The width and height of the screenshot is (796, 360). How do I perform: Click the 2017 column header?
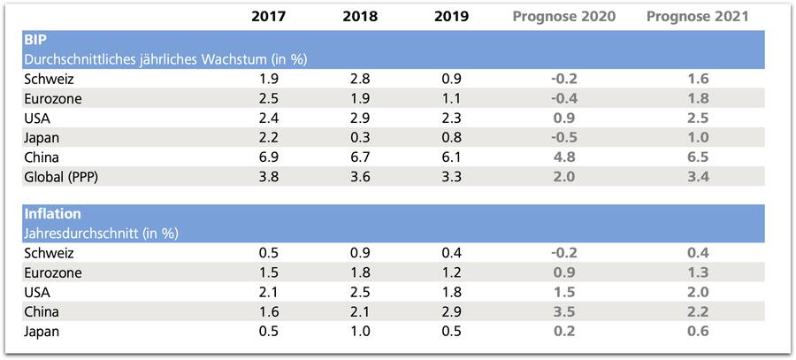[x=268, y=16]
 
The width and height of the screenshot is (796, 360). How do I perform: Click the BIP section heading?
[x=35, y=41]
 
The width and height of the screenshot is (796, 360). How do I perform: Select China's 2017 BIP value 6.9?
[x=268, y=157]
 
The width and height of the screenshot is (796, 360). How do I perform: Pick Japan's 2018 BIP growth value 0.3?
[x=360, y=137]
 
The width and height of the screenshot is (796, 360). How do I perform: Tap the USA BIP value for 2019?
[x=451, y=118]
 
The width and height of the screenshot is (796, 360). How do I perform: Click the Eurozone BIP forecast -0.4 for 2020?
[x=565, y=98]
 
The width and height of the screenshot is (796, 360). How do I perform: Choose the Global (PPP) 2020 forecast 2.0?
[x=565, y=176]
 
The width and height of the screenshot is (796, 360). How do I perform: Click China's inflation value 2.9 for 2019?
[x=451, y=311]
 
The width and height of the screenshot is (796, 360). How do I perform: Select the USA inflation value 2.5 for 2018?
[x=360, y=292]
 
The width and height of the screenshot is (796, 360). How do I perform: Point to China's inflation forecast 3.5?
[x=565, y=311]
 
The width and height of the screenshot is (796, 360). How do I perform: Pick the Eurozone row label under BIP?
[x=53, y=98]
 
